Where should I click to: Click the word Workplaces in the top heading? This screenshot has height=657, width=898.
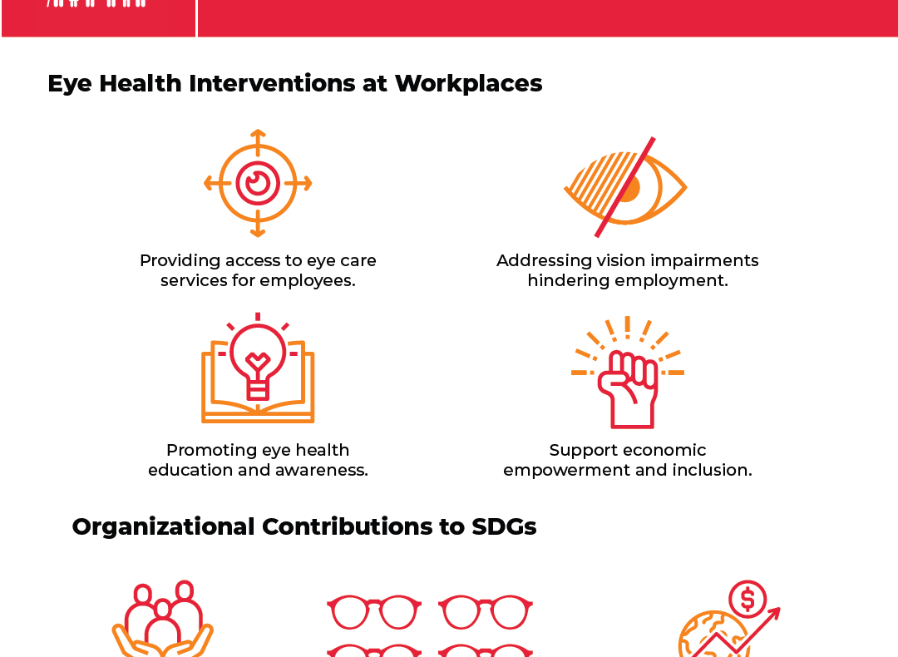(468, 84)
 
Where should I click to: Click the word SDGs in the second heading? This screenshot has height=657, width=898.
(504, 527)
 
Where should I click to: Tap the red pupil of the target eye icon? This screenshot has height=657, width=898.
(258, 183)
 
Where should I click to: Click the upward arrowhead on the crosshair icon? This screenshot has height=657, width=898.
(258, 134)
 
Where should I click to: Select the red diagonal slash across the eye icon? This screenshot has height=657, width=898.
(624, 187)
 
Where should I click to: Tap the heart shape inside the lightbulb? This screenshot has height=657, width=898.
(258, 362)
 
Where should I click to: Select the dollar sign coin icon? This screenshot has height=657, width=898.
(748, 599)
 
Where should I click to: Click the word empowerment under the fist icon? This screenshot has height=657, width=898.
(567, 470)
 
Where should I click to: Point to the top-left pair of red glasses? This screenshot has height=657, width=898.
(374, 612)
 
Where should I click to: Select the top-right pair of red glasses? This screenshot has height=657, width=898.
(486, 612)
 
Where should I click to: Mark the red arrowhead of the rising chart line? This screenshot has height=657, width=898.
(773, 614)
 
